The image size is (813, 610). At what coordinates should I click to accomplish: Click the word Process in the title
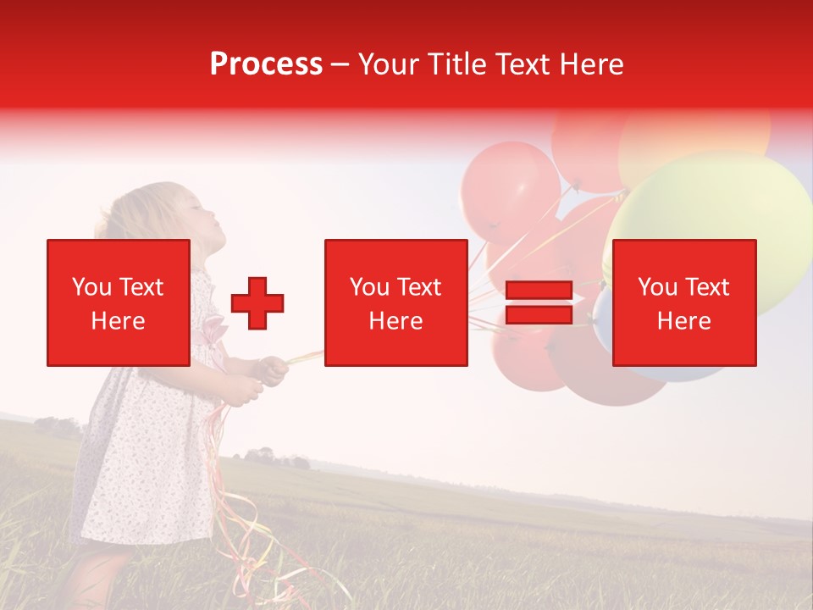pos(266,64)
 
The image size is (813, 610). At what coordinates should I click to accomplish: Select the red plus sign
pos(257,303)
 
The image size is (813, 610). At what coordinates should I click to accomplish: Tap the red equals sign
pos(539,302)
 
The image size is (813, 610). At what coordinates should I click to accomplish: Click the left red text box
pos(119,302)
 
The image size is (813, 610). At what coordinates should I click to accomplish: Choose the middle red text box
pos(396,302)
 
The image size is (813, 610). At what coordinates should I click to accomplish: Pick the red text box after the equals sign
pos(684,302)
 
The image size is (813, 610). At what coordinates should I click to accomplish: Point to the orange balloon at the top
pos(694,136)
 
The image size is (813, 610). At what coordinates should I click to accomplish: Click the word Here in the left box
pos(119,321)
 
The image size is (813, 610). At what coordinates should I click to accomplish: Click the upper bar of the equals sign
pos(539,290)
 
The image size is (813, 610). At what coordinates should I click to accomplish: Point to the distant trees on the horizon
pos(271,459)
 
